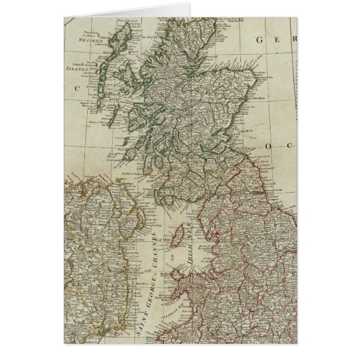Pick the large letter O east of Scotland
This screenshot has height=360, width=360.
click(x=268, y=145)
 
